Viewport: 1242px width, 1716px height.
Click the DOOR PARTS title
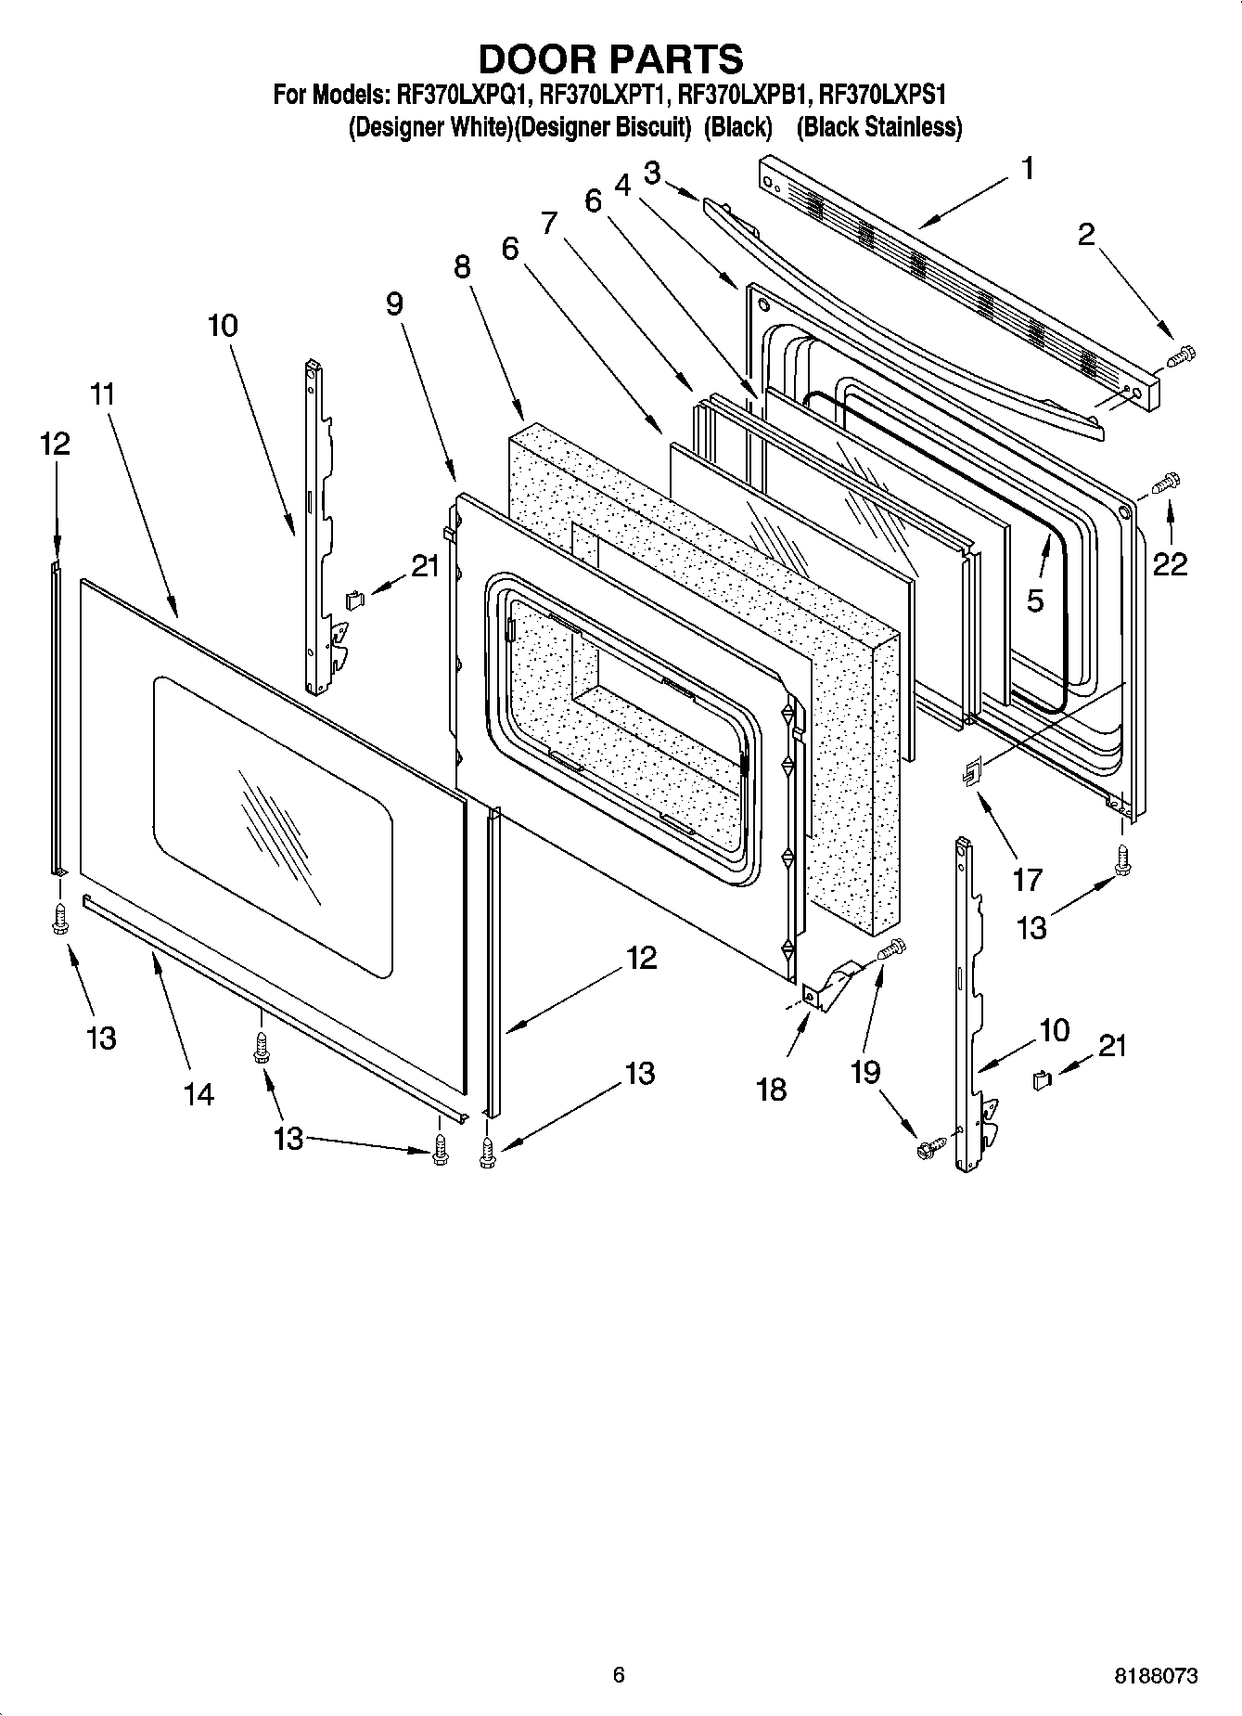pyautogui.click(x=610, y=58)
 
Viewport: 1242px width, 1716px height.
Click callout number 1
pyautogui.click(x=1027, y=168)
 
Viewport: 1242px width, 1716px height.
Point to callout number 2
pyautogui.click(x=1086, y=234)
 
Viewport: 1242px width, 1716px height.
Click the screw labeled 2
pyautogui.click(x=1182, y=354)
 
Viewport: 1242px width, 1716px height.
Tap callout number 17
pyautogui.click(x=1027, y=878)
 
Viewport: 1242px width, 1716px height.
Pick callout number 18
pyautogui.click(x=772, y=1088)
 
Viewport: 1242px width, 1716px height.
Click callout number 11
pyautogui.click(x=103, y=394)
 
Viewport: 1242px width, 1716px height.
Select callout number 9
pyautogui.click(x=395, y=303)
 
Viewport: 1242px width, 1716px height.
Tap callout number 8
pyautogui.click(x=462, y=266)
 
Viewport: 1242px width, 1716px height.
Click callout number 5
pyautogui.click(x=1035, y=600)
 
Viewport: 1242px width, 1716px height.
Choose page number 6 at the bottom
pyautogui.click(x=619, y=1674)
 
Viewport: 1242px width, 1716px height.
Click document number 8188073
pyautogui.click(x=1155, y=1676)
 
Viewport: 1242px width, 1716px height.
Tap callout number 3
pyautogui.click(x=652, y=173)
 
